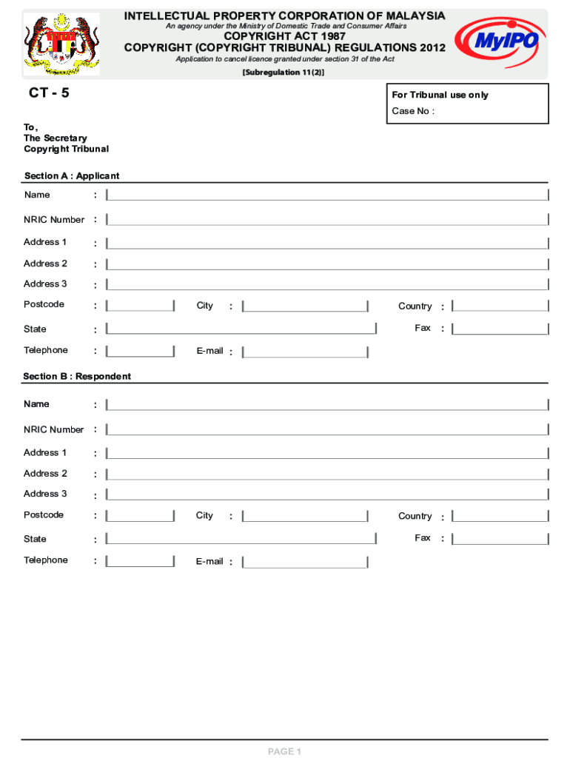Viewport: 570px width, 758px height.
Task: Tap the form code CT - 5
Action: pos(49,94)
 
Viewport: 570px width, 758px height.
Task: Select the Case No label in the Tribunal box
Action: pos(412,111)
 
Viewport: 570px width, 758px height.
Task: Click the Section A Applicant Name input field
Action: pos(327,195)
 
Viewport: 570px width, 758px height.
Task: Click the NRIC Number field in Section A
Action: pos(327,220)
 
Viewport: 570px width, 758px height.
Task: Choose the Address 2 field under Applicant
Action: pos(327,264)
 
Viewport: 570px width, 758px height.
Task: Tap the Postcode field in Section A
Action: pos(140,306)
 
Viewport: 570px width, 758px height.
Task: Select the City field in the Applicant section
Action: pos(305,306)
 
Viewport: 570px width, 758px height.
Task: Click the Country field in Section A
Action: pos(500,306)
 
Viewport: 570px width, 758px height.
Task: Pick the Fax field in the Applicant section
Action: pos(500,329)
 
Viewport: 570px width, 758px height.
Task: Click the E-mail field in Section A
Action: pos(305,352)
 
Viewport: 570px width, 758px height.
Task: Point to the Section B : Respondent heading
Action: pos(77,376)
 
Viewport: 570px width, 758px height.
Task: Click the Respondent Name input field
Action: pos(327,404)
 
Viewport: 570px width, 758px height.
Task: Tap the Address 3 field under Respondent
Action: pos(327,494)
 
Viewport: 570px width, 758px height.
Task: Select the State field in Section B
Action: pos(241,539)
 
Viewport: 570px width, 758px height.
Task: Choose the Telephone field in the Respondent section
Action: pos(140,561)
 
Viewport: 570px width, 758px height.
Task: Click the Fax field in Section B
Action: pos(500,539)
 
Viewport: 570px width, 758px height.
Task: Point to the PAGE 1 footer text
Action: pos(284,751)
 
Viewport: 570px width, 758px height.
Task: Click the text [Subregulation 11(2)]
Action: pos(284,73)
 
